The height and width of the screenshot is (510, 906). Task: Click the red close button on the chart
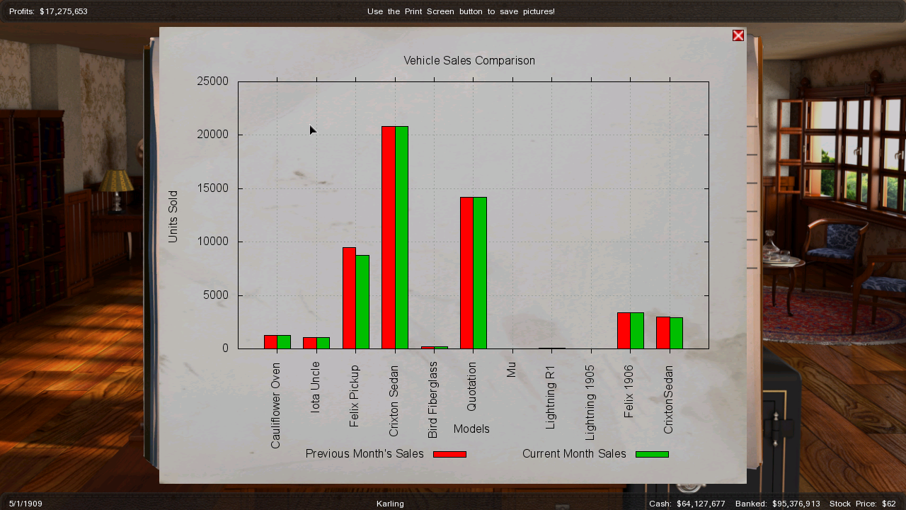click(x=738, y=35)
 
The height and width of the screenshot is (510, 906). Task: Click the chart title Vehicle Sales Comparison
click(x=469, y=61)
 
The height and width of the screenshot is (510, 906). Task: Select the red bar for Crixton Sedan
click(x=389, y=237)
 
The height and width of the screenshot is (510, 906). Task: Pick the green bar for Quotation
click(x=480, y=273)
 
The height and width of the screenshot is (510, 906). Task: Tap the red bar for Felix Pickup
click(x=349, y=297)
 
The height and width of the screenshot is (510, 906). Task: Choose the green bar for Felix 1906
click(x=637, y=330)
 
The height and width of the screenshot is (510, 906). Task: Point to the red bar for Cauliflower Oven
click(x=270, y=341)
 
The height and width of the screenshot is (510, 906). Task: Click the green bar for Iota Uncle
click(x=323, y=343)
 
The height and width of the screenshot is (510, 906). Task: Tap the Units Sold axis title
click(x=173, y=217)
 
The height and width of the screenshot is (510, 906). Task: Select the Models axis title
click(x=471, y=429)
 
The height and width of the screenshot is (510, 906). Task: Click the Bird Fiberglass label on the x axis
click(x=433, y=399)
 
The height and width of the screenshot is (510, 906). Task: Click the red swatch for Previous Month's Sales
click(x=449, y=454)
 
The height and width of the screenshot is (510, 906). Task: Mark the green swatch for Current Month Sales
click(x=652, y=454)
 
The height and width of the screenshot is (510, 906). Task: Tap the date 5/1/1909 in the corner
click(x=25, y=504)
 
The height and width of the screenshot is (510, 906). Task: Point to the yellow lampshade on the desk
click(x=116, y=181)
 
